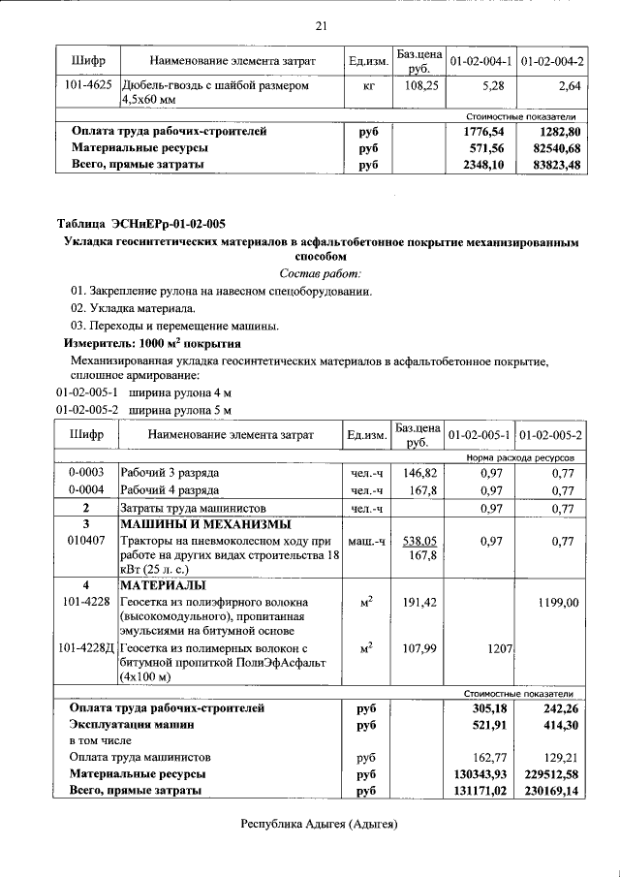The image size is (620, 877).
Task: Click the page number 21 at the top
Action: click(x=321, y=25)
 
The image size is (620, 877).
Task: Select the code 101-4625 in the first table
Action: click(x=86, y=86)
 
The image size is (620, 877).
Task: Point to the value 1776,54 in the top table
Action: click(x=485, y=131)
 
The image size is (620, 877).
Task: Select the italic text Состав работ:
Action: click(x=320, y=274)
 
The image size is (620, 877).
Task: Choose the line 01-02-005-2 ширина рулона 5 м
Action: click(x=144, y=409)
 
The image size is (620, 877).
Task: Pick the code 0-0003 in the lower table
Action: click(x=86, y=473)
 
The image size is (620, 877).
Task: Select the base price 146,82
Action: click(x=419, y=473)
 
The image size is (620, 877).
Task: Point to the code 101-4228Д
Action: click(x=86, y=647)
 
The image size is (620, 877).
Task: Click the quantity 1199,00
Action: click(x=558, y=603)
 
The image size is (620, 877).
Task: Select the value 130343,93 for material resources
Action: click(x=480, y=774)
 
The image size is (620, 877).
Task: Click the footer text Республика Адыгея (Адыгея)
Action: click(x=320, y=824)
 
